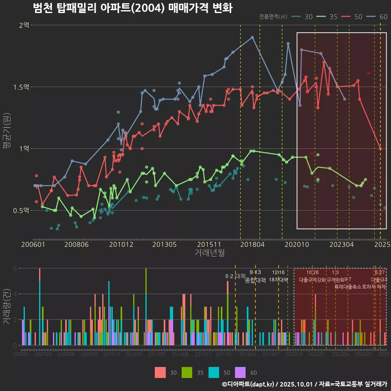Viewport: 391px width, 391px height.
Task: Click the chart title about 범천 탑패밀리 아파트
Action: [132, 8]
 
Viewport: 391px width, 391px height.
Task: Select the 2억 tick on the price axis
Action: [24, 25]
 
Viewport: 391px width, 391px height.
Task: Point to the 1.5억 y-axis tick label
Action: [21, 87]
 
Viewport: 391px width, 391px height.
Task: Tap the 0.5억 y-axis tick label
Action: [21, 211]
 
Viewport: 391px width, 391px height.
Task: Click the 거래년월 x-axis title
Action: [209, 253]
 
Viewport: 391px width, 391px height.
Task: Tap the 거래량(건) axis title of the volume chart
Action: [7, 307]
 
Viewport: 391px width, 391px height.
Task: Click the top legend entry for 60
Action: [378, 17]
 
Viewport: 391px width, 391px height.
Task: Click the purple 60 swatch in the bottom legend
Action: [241, 372]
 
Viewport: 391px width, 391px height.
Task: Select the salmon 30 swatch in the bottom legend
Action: [161, 372]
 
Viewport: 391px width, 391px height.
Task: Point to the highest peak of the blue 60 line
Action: [253, 37]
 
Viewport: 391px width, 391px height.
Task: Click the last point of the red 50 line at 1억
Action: [380, 149]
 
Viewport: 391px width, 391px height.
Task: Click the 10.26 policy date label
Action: [312, 272]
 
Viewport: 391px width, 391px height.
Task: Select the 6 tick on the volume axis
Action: [15, 268]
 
